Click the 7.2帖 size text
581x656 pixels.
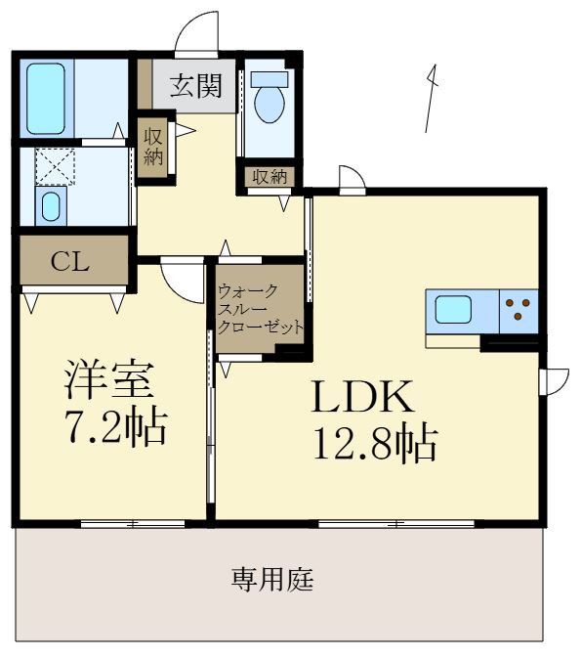(115, 426)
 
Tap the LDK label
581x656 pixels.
(363, 398)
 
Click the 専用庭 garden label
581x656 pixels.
(272, 581)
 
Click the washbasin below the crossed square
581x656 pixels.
(51, 206)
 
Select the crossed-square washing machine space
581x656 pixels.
(55, 165)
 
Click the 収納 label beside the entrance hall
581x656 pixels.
(153, 146)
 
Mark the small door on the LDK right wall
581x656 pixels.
(555, 380)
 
